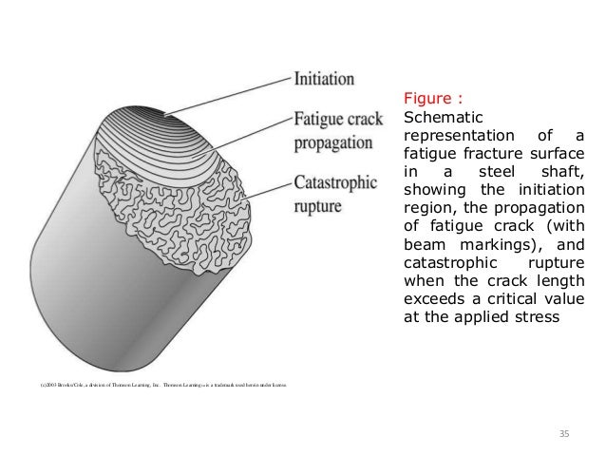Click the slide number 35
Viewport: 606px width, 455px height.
pos(563,434)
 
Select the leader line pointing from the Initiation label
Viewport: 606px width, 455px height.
pos(228,97)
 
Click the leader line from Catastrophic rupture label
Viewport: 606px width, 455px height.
pos(266,192)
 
